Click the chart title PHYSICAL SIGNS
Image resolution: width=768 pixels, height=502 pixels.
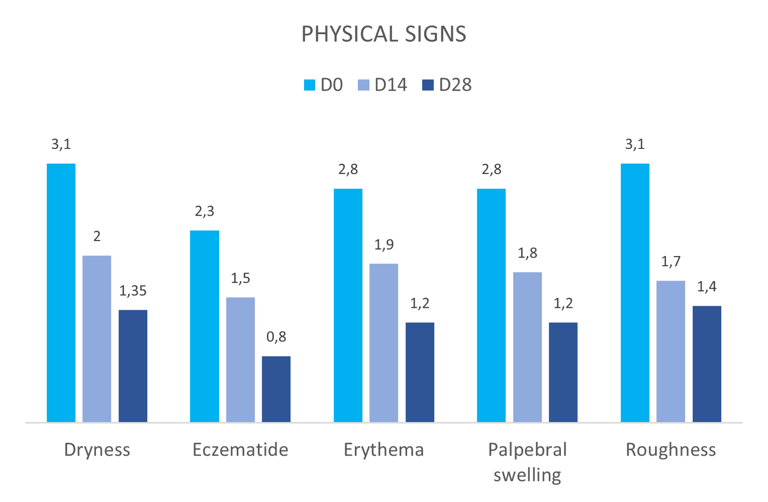383,34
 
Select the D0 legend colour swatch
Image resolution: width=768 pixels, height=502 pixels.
310,85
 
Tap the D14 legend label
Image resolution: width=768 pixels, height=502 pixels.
391,85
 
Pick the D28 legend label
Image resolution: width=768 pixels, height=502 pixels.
455,85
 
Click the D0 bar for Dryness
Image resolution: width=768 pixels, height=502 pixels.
61,292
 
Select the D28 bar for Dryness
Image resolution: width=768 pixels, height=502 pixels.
133,366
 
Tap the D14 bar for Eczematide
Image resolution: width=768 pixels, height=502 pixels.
240,359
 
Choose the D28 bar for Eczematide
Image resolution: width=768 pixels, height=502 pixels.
276,389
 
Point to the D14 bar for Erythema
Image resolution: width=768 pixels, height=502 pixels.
383,343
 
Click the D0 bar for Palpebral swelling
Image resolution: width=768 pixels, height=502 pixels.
491,305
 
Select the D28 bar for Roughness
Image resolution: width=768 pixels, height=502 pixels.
707,364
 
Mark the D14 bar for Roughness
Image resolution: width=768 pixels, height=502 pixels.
670,351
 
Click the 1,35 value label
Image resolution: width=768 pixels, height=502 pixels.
133,291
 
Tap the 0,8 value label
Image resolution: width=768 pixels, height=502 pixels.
276,337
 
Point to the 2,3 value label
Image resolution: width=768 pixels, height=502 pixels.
205,211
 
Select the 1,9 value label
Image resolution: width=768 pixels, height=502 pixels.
383,245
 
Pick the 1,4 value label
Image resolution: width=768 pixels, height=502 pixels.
707,287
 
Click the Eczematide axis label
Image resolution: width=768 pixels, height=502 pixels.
240,450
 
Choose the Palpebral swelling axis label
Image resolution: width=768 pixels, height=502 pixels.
527,462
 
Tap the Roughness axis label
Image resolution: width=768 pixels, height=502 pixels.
670,450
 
